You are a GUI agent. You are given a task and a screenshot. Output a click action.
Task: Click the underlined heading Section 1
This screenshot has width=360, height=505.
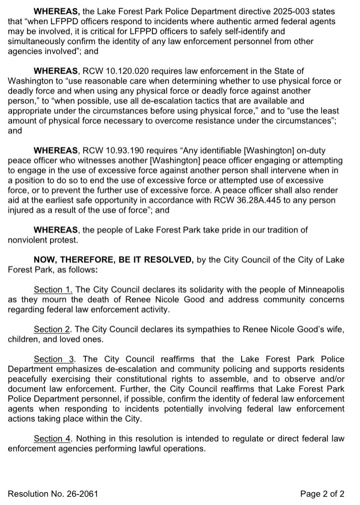click(53, 290)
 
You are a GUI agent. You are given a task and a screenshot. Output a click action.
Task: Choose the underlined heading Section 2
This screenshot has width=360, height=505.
click(53, 330)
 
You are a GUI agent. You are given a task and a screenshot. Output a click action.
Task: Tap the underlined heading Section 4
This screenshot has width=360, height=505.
click(53, 438)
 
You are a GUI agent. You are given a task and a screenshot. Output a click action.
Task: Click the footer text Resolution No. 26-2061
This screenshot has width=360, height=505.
click(53, 493)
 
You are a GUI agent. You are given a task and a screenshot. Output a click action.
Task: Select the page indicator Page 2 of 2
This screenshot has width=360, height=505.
click(323, 493)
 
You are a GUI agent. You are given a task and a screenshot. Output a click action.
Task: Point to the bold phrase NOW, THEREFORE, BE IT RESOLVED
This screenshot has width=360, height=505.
click(113, 260)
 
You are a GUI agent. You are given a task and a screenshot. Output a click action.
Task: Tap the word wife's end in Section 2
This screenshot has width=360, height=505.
click(333, 330)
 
